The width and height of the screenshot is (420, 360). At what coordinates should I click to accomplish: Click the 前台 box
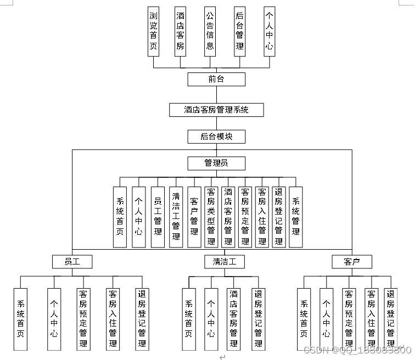(x=216, y=79)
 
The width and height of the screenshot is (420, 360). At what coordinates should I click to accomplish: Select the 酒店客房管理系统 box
(x=216, y=110)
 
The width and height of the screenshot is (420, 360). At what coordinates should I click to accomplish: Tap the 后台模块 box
(x=216, y=137)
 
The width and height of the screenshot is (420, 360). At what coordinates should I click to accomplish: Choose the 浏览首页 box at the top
(x=154, y=32)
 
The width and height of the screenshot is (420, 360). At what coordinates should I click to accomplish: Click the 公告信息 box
(x=210, y=32)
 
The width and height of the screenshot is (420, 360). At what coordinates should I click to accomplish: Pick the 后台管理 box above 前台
(x=239, y=32)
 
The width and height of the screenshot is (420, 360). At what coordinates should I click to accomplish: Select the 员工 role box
(x=72, y=261)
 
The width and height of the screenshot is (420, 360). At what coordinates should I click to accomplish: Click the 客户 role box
(x=352, y=261)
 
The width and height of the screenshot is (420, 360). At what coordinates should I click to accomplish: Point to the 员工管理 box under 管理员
(x=158, y=217)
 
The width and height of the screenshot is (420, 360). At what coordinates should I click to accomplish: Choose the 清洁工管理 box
(x=176, y=217)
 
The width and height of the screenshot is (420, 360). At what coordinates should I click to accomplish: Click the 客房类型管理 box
(x=211, y=217)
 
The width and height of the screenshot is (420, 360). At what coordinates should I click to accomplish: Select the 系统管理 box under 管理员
(x=296, y=217)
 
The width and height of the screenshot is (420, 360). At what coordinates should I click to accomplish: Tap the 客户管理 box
(x=194, y=217)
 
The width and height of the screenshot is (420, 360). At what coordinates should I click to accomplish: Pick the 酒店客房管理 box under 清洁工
(x=233, y=319)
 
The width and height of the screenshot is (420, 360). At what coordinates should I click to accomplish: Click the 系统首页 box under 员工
(x=20, y=319)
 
